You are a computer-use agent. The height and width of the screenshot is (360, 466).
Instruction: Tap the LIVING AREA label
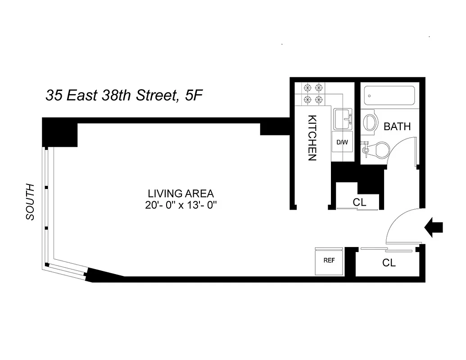point(181,193)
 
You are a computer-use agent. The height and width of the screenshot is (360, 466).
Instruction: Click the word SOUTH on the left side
point(30,202)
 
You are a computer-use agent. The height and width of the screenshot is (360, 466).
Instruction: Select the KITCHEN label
point(312,138)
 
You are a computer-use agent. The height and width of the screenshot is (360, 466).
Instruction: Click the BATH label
point(397,126)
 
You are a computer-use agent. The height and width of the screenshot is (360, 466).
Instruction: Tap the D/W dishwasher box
point(343,142)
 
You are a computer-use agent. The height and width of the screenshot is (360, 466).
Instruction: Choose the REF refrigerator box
point(329,261)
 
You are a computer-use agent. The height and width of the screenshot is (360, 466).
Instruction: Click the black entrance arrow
point(434,227)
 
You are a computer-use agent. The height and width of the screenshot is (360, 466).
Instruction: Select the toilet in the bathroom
point(378,150)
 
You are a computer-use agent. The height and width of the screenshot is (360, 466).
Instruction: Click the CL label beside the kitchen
point(360,202)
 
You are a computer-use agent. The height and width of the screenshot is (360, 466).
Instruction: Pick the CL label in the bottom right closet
point(389,263)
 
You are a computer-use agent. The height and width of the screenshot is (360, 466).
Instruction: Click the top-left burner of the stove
point(308,88)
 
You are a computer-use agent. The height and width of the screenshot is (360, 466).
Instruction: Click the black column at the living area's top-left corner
point(60,132)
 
